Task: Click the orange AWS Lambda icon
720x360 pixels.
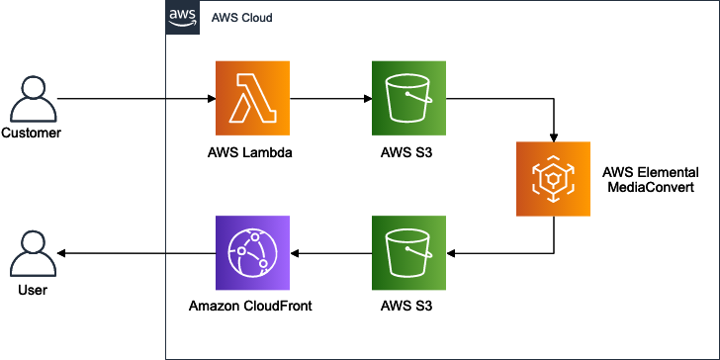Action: coord(252,99)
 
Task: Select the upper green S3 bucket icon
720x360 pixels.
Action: coord(408,99)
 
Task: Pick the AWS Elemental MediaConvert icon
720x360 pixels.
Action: coord(553,178)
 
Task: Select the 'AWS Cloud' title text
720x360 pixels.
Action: coord(242,19)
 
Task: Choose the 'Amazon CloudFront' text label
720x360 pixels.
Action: coord(251,307)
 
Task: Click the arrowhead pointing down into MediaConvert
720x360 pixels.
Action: coord(553,135)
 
